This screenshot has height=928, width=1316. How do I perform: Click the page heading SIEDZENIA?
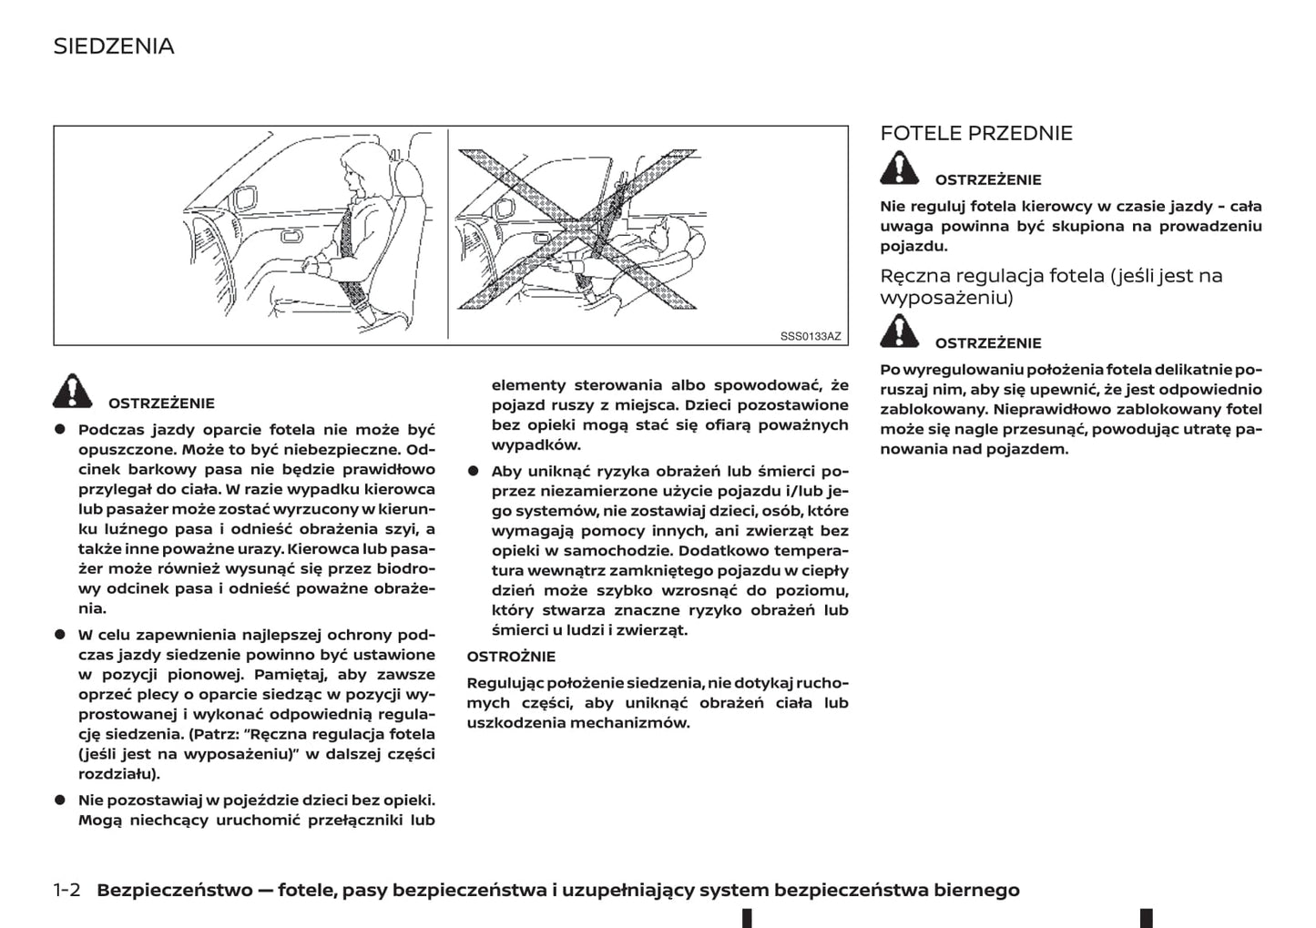point(114,46)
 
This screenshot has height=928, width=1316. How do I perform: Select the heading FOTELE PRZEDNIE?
point(975,134)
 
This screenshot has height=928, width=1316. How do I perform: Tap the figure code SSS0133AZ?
point(811,336)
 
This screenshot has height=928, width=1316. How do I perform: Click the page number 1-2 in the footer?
point(67,890)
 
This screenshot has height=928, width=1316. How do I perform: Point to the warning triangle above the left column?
point(73,391)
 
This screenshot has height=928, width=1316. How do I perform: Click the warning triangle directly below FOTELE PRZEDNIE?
point(899,168)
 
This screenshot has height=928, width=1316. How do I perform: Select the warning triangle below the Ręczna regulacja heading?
point(899,331)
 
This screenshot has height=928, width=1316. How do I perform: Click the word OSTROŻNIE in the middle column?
point(511,657)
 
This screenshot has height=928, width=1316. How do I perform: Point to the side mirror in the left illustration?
point(244,198)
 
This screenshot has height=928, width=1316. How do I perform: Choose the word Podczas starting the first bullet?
point(111,430)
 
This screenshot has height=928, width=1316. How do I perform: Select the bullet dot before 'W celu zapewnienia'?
point(60,634)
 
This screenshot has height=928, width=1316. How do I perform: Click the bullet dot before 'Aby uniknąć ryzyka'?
point(474,471)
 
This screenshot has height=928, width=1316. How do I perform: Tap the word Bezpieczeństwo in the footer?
point(174,890)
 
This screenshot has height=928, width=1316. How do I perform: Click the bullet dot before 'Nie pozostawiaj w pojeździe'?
point(60,800)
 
